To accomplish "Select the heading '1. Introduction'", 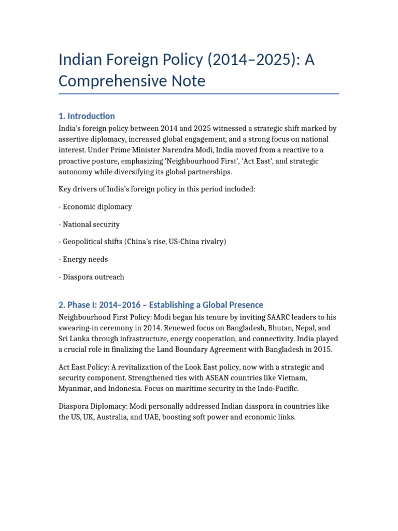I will pos(87,116).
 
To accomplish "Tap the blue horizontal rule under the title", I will pos(199,94).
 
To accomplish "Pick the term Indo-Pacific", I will pos(279,388).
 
